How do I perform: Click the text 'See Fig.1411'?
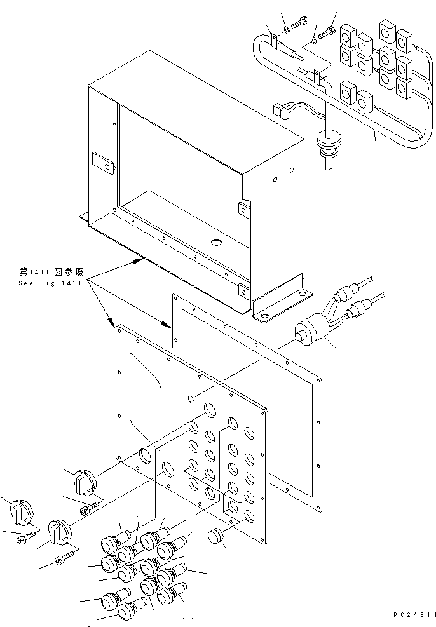tap(50, 283)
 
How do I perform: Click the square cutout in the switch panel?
tap(233, 506)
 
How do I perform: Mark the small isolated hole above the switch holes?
tap(191, 398)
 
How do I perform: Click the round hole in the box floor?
tap(216, 242)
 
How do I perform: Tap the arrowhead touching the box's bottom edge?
tap(136, 259)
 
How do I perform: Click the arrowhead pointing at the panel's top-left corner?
tap(114, 325)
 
